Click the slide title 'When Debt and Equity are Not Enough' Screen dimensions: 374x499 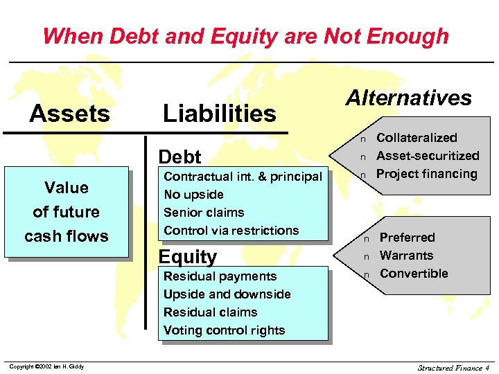point(245,35)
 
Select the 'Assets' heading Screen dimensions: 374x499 point(69,114)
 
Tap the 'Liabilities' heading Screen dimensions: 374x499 point(219,114)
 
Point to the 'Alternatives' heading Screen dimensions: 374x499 point(409,98)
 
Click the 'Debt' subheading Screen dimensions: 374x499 point(180,157)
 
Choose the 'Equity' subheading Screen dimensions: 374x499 point(188,257)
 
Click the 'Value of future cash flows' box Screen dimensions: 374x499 point(67,212)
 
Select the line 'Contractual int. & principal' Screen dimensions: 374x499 point(243,177)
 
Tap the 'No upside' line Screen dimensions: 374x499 point(193,195)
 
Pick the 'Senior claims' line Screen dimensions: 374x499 point(204,213)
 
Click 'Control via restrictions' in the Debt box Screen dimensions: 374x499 point(231,231)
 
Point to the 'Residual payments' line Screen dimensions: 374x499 point(220,276)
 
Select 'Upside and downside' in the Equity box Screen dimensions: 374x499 point(227,294)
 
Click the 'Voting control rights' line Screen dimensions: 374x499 point(224,330)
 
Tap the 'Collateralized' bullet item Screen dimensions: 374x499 point(417,138)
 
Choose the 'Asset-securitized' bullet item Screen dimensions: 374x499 point(428,156)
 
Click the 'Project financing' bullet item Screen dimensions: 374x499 point(426,174)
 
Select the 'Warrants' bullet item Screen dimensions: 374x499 point(406,256)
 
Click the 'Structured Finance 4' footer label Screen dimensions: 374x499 point(453,367)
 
